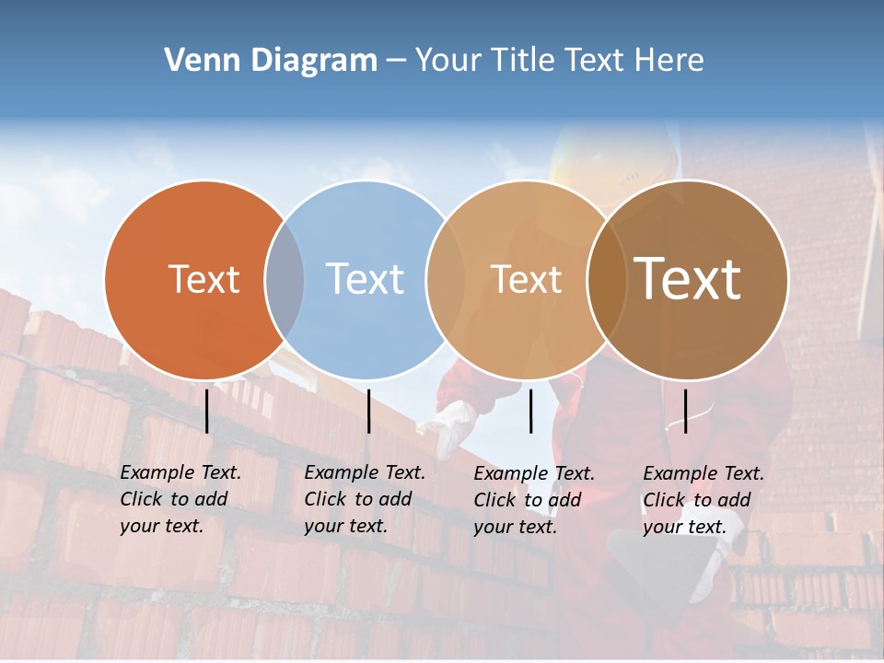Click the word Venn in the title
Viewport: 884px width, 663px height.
(x=192, y=61)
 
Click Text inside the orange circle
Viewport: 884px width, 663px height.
(x=204, y=279)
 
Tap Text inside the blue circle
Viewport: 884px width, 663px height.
(x=365, y=279)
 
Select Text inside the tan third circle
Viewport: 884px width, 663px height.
(x=526, y=279)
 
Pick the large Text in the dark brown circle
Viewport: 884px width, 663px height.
(x=687, y=279)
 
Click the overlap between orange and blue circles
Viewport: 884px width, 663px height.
(x=285, y=279)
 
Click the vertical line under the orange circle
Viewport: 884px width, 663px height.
(x=206, y=411)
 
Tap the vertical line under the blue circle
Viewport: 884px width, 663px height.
(x=368, y=411)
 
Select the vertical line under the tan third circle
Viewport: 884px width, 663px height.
(x=531, y=411)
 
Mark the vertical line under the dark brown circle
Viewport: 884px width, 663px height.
(x=685, y=411)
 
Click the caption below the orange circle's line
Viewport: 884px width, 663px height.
(x=180, y=499)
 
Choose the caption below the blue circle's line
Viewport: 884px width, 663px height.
(x=364, y=499)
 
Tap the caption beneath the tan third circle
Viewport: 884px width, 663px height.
(x=533, y=500)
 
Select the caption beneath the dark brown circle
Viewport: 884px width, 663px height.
(x=703, y=500)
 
